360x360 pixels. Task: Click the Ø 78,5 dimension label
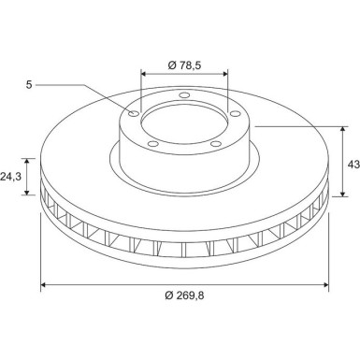(x=184, y=65)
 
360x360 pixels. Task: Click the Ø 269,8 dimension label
(x=184, y=295)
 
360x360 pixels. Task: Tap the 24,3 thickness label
(x=10, y=177)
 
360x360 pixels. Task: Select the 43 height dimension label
(x=353, y=164)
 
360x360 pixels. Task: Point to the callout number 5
(x=29, y=84)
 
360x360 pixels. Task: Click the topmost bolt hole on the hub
(x=184, y=95)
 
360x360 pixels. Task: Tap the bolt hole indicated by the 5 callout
(x=135, y=113)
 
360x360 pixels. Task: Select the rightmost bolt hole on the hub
(x=235, y=113)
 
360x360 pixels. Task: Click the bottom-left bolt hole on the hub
(x=152, y=144)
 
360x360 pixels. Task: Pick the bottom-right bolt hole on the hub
(x=216, y=144)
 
